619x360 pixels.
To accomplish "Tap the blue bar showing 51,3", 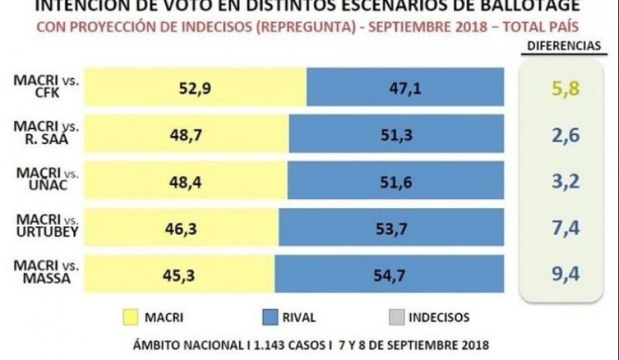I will coord(396,134).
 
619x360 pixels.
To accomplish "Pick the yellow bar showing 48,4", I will coord(186,180).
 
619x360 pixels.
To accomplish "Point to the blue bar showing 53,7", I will coord(391,227).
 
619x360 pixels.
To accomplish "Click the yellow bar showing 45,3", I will coord(179,274).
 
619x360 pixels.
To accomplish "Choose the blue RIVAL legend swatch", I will coord(263,317).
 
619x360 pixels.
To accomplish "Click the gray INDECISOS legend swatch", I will coord(395,317).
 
